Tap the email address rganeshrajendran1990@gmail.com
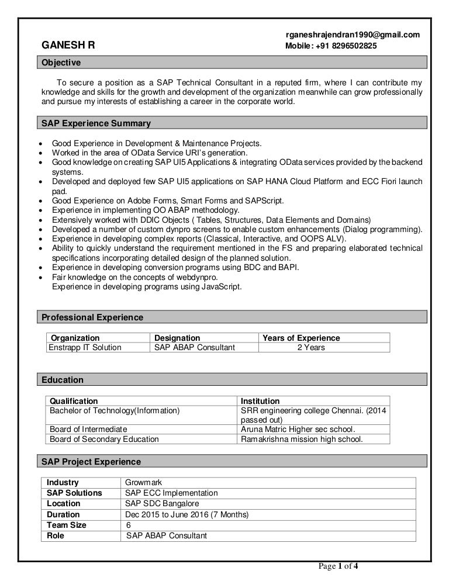click(352, 35)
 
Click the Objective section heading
click(61, 63)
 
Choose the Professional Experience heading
click(92, 317)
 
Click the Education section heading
click(63, 380)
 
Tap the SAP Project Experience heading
click(91, 462)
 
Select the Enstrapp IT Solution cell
click(86, 348)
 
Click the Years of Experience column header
click(301, 338)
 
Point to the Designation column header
click(177, 338)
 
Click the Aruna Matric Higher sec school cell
click(298, 429)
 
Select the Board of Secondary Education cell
click(104, 439)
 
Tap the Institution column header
click(260, 401)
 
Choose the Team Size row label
click(67, 525)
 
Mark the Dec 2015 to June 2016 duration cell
click(187, 514)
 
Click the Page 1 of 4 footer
click(338, 565)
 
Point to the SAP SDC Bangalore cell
click(162, 504)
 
